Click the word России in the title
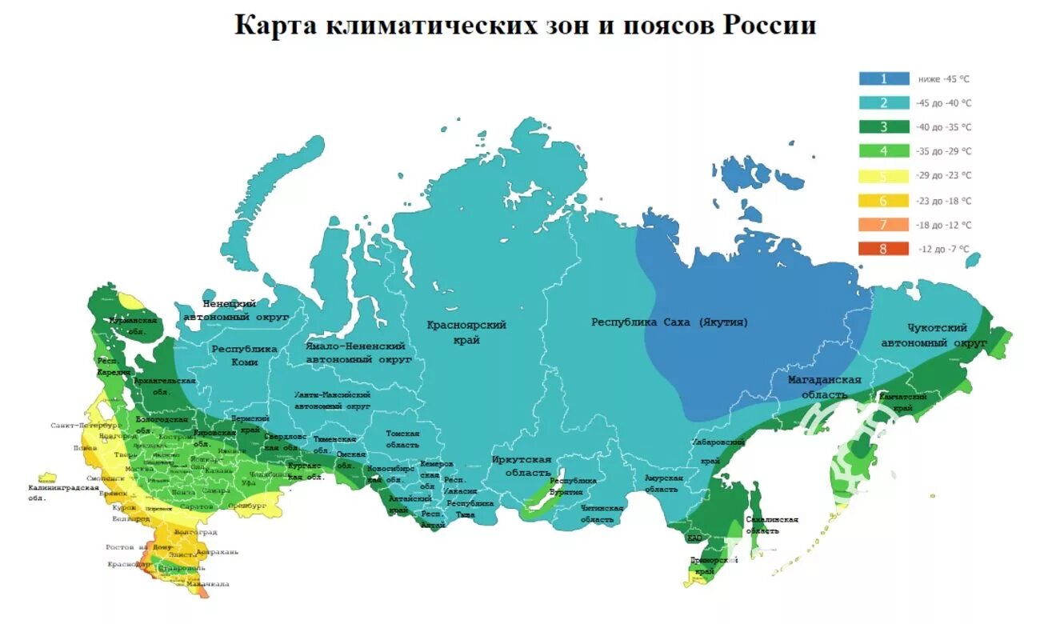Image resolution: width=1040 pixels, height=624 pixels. pos(770,25)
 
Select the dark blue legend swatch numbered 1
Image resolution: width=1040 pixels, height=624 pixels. pos(884,78)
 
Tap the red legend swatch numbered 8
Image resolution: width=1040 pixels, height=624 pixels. pos(884,249)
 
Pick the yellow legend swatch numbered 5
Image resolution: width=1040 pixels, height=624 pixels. pos(884,176)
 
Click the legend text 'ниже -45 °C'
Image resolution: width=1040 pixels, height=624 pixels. pos(944,79)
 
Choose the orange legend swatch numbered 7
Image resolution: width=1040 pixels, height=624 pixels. pos(884,225)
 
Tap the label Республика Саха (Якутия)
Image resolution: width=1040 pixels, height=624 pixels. pos(670,322)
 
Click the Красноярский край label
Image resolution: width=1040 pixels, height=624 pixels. pos(466,332)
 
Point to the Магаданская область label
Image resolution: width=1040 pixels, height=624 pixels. pos(824,387)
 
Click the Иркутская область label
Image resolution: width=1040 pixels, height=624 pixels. pos(522,466)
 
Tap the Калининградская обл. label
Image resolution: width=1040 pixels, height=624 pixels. pos(63,492)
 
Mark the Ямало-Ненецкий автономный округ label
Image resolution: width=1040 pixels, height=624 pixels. pos(358,353)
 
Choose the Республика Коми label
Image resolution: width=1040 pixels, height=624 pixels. pos(244,355)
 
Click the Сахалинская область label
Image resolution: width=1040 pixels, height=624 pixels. pos(772,525)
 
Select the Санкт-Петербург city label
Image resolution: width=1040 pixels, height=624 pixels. pos(86,426)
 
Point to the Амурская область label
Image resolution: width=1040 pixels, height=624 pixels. pos(663,483)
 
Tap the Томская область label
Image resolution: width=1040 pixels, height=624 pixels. pos(402,438)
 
